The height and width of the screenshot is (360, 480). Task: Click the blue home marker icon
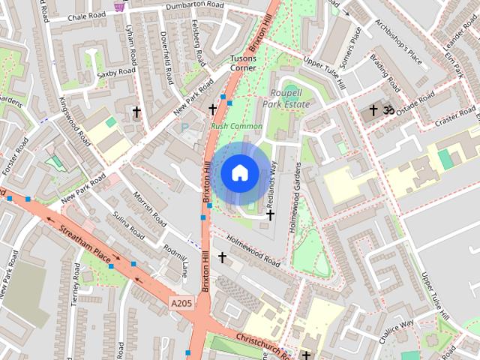(240, 173)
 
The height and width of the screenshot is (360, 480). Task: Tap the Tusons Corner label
(242, 62)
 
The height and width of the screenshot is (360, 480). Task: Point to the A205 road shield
(181, 303)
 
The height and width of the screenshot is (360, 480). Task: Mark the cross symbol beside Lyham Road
(136, 112)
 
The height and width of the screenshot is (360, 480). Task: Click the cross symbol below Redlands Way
(270, 215)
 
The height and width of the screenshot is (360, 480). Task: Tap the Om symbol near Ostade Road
(388, 110)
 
